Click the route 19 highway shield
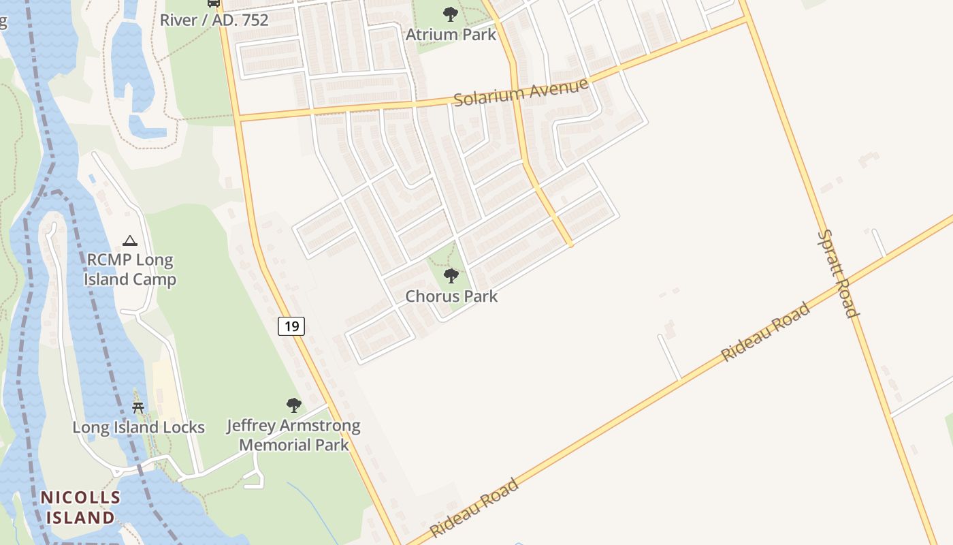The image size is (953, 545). tap(291, 326)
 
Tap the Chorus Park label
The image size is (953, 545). tap(451, 296)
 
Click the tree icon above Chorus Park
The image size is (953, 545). tap(451, 276)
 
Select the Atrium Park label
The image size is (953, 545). tap(451, 34)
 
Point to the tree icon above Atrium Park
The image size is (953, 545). tap(450, 14)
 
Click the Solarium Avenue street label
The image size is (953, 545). tap(520, 93)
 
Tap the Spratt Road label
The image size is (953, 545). tap(837, 273)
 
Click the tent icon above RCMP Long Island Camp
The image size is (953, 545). tap(129, 240)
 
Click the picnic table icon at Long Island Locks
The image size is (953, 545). tap(138, 408)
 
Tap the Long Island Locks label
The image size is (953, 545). tap(138, 428)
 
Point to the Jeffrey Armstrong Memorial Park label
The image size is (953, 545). tap(293, 435)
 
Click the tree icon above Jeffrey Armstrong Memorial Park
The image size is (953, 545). tap(293, 406)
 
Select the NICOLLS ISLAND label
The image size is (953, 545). tap(80, 507)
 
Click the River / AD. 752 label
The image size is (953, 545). tap(214, 20)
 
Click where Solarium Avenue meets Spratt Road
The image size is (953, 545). tap(747, 20)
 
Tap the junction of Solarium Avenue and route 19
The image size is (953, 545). tap(238, 119)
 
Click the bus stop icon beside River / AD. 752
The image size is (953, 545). tap(214, 3)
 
